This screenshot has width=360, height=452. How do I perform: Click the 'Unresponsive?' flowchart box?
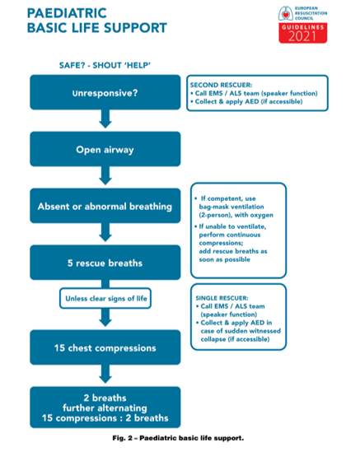point(105,92)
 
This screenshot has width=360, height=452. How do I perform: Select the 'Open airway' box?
point(105,149)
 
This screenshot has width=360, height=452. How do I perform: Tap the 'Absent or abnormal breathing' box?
point(105,206)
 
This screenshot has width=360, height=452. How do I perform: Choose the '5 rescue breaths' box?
point(105,263)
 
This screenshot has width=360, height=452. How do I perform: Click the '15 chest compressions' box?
point(105,347)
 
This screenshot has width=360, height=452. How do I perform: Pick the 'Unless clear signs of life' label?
point(105,298)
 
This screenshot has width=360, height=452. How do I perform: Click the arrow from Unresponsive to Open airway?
point(105,119)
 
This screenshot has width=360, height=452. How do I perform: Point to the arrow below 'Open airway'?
point(105,176)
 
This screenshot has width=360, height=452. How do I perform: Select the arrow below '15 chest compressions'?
point(105,374)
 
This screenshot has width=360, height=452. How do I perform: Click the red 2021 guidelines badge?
point(303,33)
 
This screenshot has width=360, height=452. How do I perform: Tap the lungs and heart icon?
point(286,13)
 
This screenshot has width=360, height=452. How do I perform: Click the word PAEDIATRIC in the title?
point(67,13)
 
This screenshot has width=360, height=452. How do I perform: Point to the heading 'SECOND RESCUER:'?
point(221,85)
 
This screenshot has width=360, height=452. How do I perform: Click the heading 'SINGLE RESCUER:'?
point(222,298)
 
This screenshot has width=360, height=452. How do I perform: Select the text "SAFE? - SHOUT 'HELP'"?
point(105,65)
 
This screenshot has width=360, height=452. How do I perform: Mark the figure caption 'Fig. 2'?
point(122,438)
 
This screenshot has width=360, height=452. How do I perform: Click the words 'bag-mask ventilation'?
point(231,207)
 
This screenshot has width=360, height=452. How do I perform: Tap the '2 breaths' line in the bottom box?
point(105,398)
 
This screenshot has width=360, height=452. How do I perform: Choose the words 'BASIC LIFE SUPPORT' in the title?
point(97,28)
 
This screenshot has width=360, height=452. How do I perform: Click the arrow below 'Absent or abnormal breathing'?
point(105,233)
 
